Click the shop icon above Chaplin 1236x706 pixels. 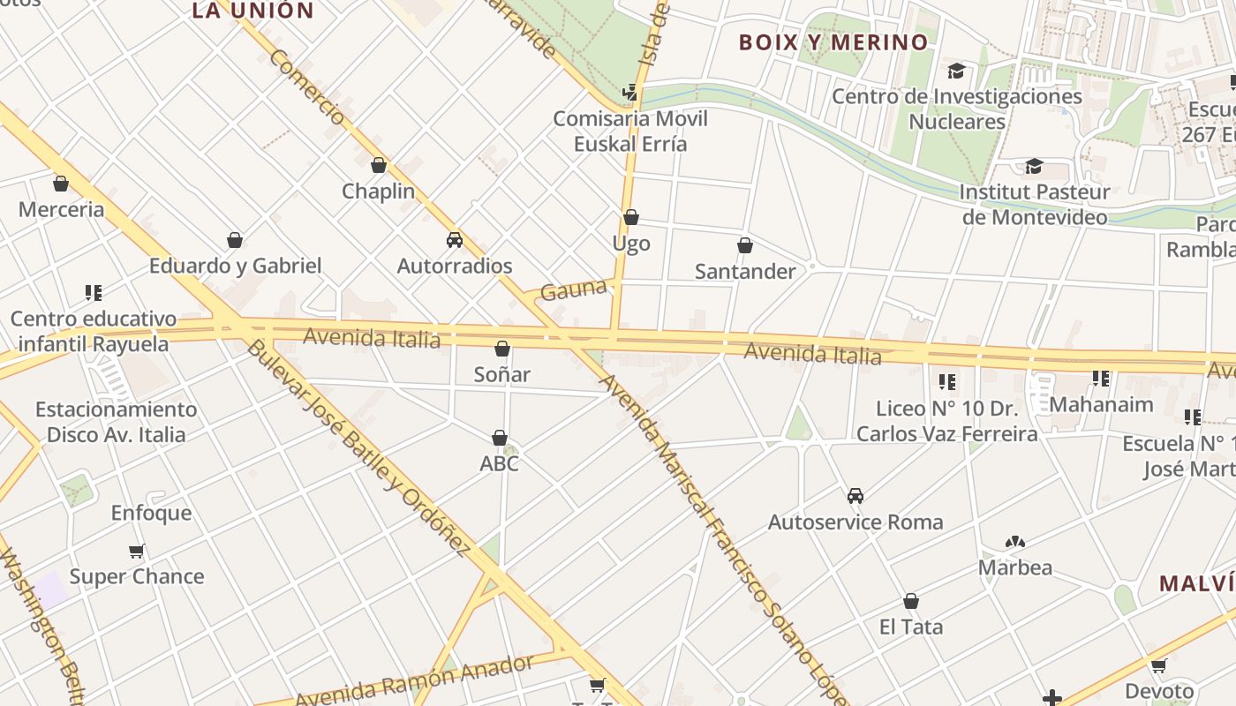pos(379,165)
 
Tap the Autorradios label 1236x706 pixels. pos(455,266)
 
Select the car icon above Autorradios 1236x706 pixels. pos(455,239)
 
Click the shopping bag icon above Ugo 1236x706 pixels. pos(631,217)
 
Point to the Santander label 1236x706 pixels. pos(745,272)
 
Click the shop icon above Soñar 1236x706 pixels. pos(502,349)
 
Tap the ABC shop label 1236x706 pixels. pos(499,463)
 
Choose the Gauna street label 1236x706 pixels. pos(573,289)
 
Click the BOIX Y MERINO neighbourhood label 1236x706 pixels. pos(833,42)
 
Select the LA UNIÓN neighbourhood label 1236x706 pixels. pos(252,11)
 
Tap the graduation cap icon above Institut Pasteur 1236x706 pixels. pos(1034,166)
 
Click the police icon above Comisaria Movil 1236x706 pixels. pos(630,91)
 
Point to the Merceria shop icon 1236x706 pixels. pos(61,184)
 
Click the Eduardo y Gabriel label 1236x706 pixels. pos(235,266)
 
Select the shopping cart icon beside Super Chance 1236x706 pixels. pos(137,552)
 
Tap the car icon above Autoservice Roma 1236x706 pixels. pos(855,496)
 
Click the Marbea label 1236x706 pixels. pos(1014,567)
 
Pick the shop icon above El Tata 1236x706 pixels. pos(911,602)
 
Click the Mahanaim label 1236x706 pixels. pos(1101,405)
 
